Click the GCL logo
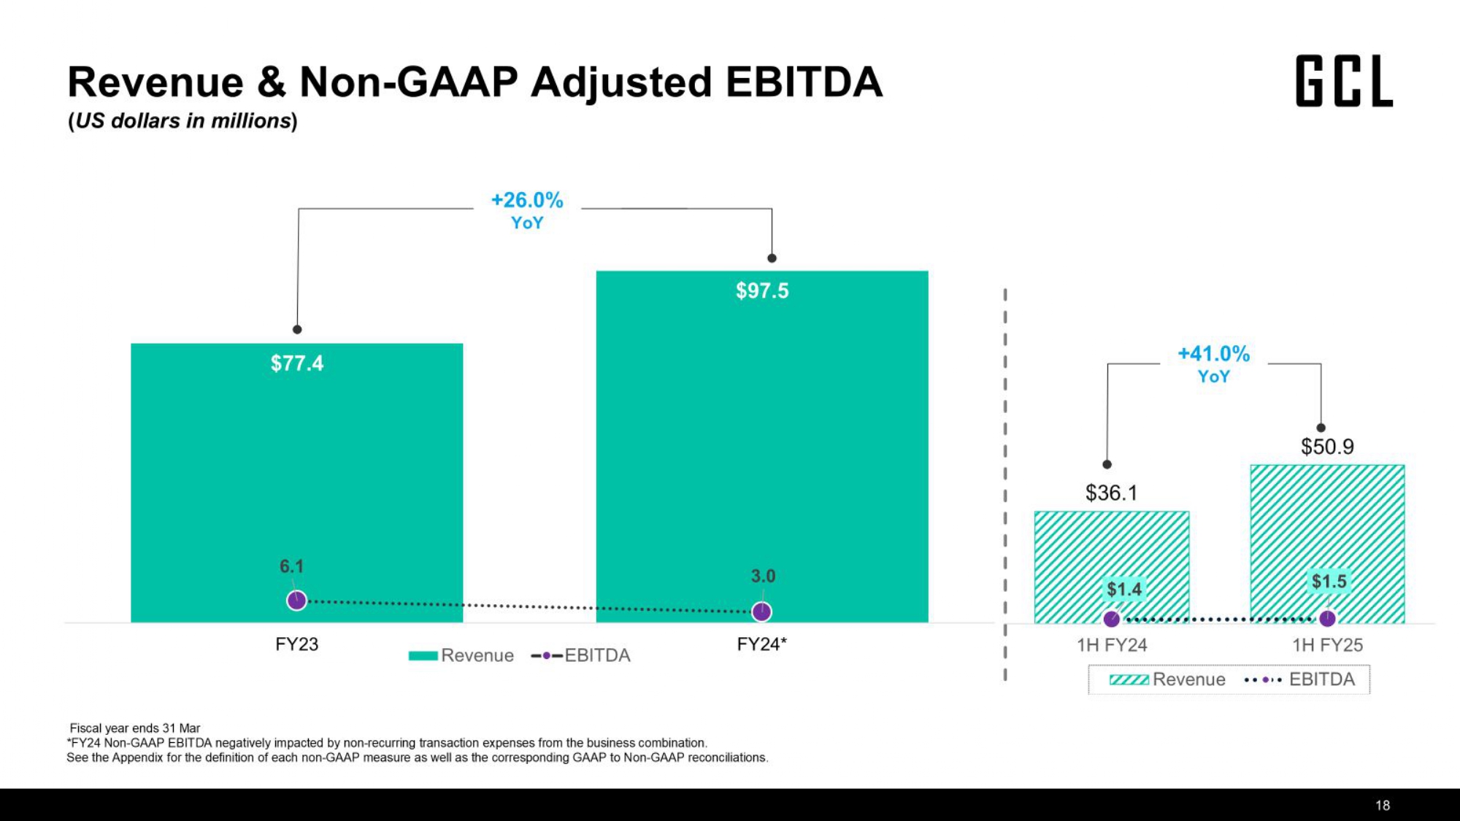click(x=1344, y=81)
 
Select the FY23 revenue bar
click(x=296, y=482)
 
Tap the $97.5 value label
click(x=762, y=291)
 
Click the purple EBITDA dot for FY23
click(x=296, y=601)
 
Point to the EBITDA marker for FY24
click(x=761, y=612)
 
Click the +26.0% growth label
click(x=527, y=201)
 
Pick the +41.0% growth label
click(x=1213, y=355)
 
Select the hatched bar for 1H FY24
click(x=1111, y=555)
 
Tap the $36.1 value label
click(x=1111, y=493)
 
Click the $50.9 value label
click(x=1327, y=447)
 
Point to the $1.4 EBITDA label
click(x=1123, y=589)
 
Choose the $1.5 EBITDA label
click(x=1329, y=582)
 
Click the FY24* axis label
click(x=761, y=644)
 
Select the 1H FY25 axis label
click(x=1327, y=645)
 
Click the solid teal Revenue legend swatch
click(x=423, y=655)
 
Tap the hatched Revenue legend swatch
click(x=1129, y=680)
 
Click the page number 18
click(x=1383, y=806)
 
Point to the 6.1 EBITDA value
click(x=291, y=566)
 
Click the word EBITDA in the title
click(x=804, y=82)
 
